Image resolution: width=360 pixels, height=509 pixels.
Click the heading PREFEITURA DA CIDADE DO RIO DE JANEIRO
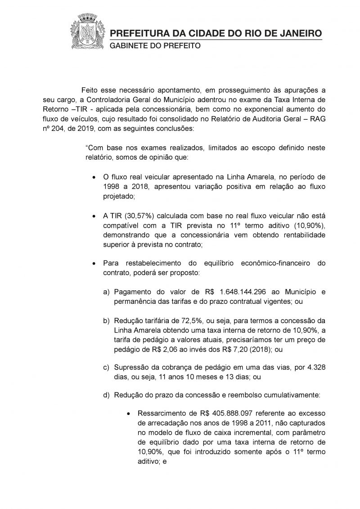(x=216, y=34)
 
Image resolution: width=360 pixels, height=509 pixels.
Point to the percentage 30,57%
(x=134, y=216)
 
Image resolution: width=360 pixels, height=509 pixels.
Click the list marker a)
(x=107, y=292)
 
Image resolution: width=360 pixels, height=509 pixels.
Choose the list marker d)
(x=107, y=395)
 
